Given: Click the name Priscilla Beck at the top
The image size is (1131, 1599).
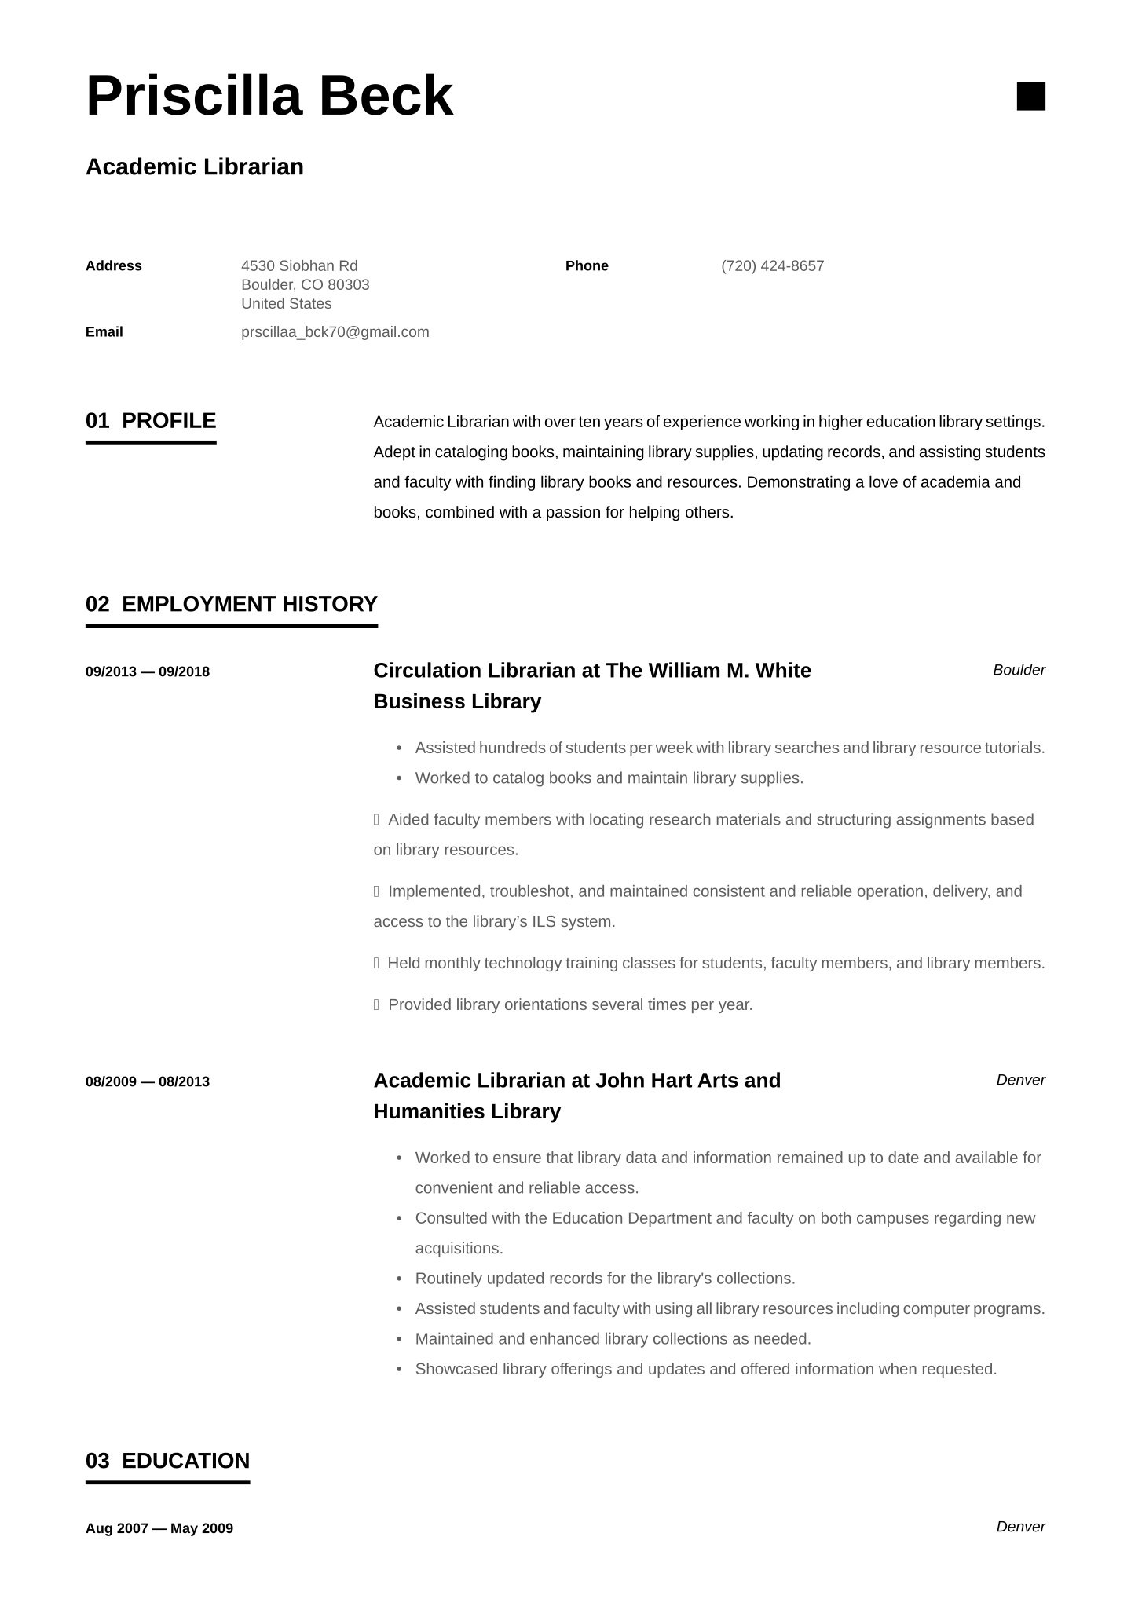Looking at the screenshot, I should coord(269,96).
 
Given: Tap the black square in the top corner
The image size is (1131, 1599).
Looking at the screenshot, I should coord(1030,96).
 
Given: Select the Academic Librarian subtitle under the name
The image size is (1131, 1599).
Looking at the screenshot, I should coord(195,166).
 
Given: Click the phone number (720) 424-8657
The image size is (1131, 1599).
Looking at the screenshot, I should coord(772,265).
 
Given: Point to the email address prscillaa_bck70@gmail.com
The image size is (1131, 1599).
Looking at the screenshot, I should coord(335,331).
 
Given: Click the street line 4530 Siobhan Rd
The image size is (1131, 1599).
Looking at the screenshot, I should coord(299,265).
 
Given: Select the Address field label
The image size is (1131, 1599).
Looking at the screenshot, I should coord(114,265).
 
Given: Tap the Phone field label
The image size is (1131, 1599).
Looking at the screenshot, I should coord(587,265).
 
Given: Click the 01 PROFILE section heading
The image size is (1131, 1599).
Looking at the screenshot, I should coord(151,421).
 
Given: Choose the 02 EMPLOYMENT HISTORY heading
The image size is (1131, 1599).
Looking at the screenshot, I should coord(232,604).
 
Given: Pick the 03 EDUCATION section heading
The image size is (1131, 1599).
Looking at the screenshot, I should coord(167,1461).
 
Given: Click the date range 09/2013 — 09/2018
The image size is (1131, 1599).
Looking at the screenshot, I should coord(148,671).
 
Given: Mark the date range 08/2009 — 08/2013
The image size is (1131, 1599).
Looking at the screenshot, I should coord(148,1081).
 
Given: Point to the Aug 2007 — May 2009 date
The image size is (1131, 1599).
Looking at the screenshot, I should coord(159,1528).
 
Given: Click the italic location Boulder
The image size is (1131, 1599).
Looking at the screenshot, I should coord(1019,670).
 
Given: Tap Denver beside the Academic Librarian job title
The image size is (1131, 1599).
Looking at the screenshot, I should coord(1020,1080).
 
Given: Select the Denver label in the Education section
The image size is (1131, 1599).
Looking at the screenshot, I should coord(1020,1527).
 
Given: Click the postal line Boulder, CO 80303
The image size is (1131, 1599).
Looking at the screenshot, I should coord(306,284).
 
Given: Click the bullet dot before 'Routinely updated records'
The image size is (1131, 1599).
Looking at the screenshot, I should coord(399,1279).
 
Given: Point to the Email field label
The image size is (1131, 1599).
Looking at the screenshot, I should coord(104,331).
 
